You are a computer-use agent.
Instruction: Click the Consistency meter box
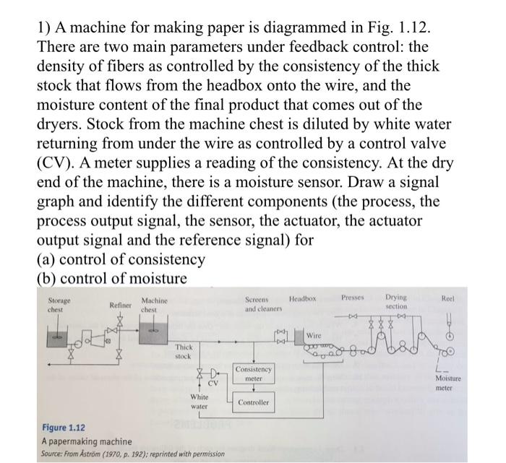[253, 374]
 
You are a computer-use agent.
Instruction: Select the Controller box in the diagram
[253, 403]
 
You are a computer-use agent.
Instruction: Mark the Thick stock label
[184, 352]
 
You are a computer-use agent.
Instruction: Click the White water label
[199, 402]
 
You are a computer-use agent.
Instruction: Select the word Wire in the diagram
[313, 336]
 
